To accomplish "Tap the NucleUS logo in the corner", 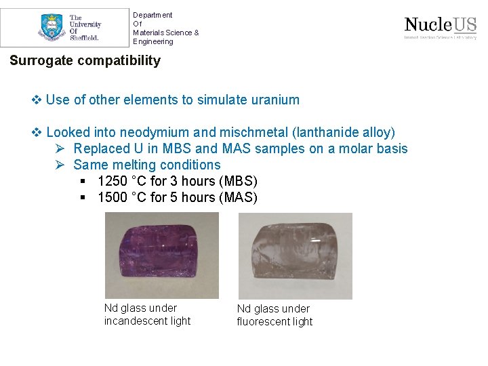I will (440, 27).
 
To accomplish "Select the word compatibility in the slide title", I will (119, 60).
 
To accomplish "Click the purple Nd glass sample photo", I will (162, 256).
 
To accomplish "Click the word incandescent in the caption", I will (148, 321).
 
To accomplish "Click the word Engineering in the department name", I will (152, 41).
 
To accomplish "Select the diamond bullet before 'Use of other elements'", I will (37, 100).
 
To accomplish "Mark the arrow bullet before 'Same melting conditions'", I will (60, 165).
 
